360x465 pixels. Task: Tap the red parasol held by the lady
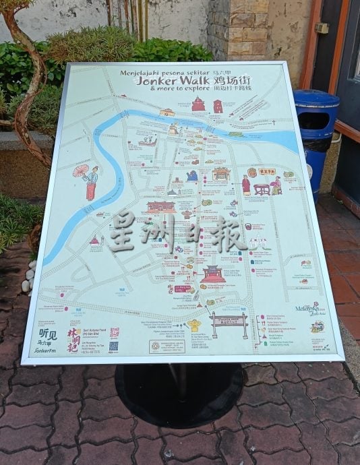[81, 170]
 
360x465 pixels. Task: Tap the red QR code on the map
[114, 332]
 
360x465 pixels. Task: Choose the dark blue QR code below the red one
[114, 346]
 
